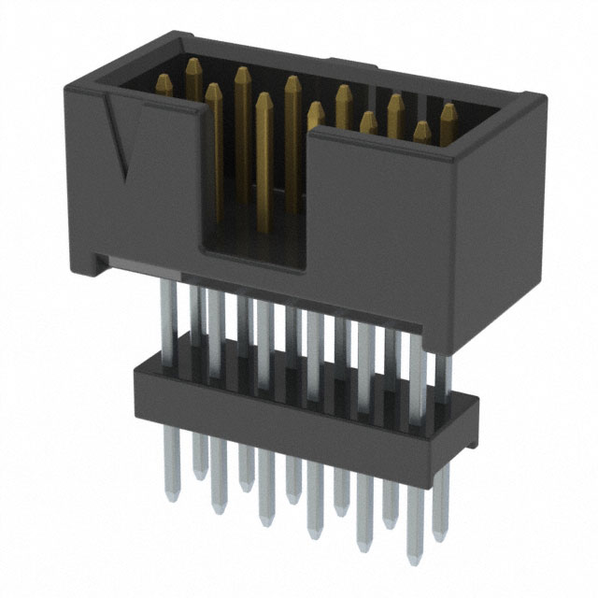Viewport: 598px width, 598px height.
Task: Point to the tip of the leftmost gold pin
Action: click(164, 81)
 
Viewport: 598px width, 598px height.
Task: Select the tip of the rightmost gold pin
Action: click(449, 109)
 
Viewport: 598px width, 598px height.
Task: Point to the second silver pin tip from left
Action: click(199, 467)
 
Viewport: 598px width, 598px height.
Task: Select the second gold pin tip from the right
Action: click(422, 128)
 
